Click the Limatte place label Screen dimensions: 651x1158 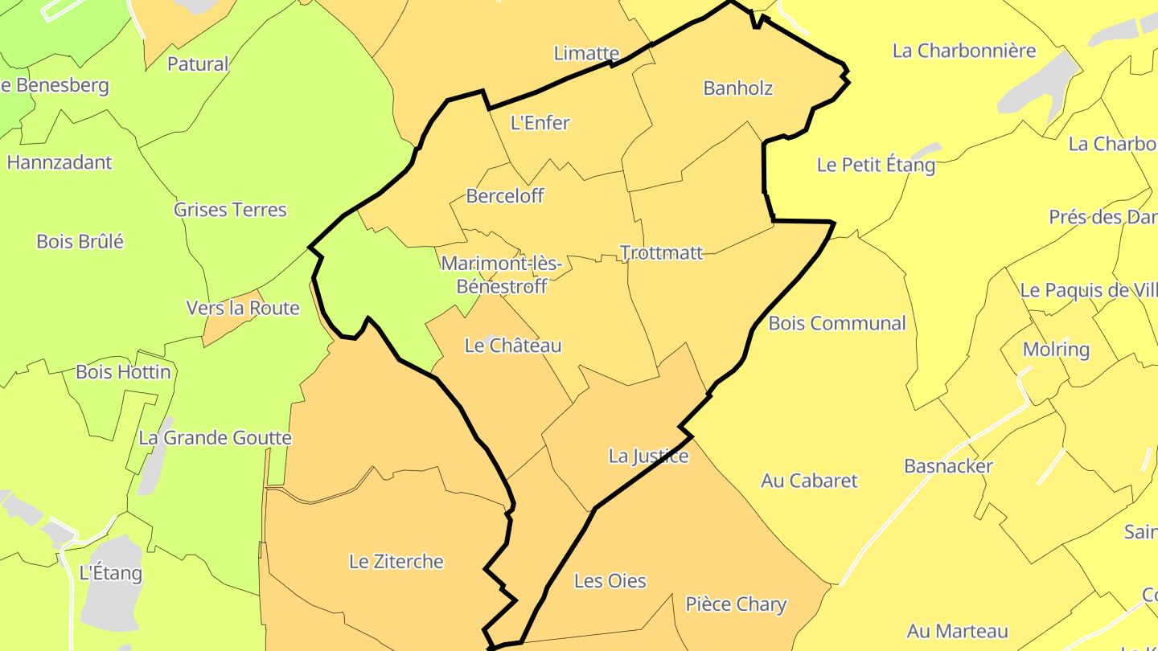(x=586, y=54)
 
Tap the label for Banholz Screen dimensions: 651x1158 (x=737, y=88)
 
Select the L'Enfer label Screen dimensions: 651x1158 (x=540, y=123)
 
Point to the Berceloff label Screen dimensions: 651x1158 (x=504, y=196)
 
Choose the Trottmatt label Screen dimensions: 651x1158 (x=661, y=253)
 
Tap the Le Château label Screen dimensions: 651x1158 (x=513, y=346)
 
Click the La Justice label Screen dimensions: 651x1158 (x=648, y=457)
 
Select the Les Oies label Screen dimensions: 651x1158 (x=610, y=581)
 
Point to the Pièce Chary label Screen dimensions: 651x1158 (x=735, y=604)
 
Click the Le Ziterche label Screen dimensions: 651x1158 (x=396, y=562)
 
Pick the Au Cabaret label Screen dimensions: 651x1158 (x=809, y=481)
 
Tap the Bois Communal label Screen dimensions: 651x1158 (x=836, y=324)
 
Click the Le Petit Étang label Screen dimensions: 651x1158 (x=876, y=166)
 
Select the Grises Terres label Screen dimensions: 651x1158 (x=230, y=210)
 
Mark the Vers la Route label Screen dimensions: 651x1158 (x=242, y=309)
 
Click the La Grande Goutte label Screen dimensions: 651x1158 (x=215, y=438)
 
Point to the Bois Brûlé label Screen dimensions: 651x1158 (x=80, y=241)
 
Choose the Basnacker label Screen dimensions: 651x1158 (x=948, y=466)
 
